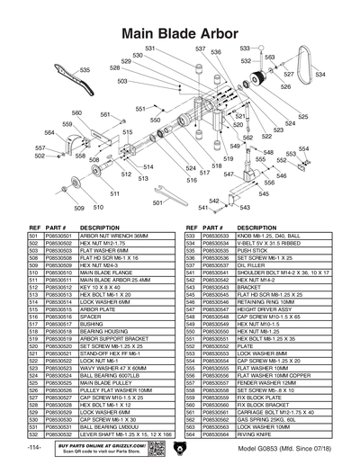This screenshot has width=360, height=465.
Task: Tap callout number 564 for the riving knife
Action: coord(50,133)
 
